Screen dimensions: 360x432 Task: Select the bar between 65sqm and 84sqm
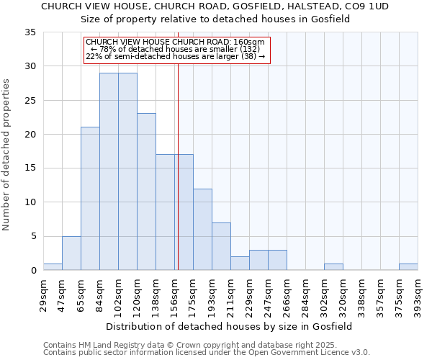click(x=90, y=198)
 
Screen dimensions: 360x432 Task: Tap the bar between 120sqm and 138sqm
click(x=146, y=192)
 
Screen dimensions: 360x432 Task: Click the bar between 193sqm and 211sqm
click(x=221, y=246)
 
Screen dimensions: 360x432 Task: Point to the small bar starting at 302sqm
click(x=333, y=267)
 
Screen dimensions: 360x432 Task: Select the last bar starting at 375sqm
click(x=408, y=267)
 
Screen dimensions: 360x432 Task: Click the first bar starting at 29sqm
click(x=53, y=267)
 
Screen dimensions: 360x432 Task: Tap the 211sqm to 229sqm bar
click(x=240, y=264)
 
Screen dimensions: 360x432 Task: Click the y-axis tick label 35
click(x=30, y=32)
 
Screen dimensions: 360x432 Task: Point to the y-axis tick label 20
click(x=30, y=135)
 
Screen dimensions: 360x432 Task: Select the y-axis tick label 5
click(x=33, y=236)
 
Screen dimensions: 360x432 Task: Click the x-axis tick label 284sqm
click(x=306, y=293)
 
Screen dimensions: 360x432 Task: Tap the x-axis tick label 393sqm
click(x=418, y=293)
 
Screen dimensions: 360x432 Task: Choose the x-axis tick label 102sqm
click(x=119, y=293)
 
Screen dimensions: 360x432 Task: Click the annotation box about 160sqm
click(x=176, y=50)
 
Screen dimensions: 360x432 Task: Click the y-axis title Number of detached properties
click(x=7, y=155)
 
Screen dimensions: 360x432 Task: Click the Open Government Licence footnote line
click(x=207, y=352)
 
